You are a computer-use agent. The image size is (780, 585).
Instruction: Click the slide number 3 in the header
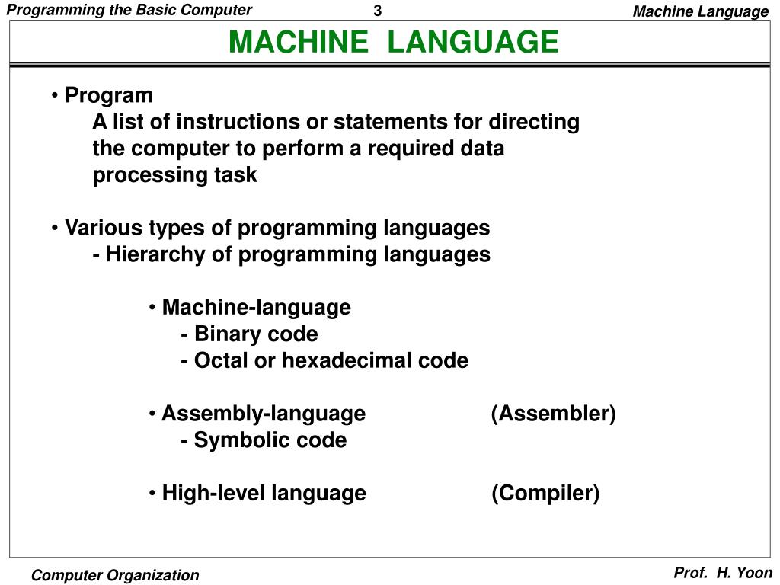[x=377, y=11]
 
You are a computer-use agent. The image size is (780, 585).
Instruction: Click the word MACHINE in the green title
[x=298, y=42]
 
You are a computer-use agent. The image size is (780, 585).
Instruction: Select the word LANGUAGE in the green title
[x=473, y=42]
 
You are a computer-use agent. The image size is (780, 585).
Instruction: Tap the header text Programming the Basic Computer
[x=129, y=10]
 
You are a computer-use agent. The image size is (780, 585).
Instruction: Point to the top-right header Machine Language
[x=701, y=11]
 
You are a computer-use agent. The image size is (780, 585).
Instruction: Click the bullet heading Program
[x=109, y=95]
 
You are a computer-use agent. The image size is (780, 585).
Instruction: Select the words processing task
[x=175, y=175]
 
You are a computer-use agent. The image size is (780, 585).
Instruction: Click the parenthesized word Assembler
[x=554, y=414]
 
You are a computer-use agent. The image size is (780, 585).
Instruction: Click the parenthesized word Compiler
[x=545, y=494]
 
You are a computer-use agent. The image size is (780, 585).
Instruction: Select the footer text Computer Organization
[x=115, y=575]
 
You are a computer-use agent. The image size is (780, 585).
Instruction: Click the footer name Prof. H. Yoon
[x=723, y=573]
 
